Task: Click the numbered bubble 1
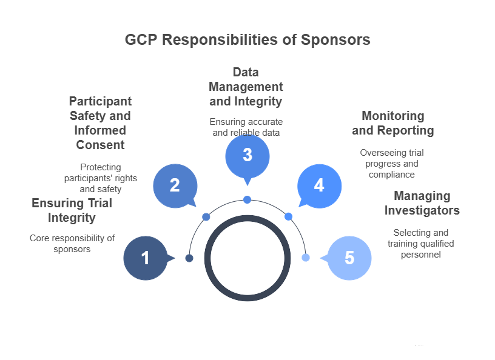coord(146,258)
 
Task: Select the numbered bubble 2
coord(175,185)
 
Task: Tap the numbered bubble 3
coord(247,155)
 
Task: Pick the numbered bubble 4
coord(319,185)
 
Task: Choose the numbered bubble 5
coord(349,258)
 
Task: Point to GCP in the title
coord(141,40)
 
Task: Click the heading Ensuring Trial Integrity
coord(72,210)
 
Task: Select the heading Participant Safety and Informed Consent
coord(100,123)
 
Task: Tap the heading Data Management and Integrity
coord(246,87)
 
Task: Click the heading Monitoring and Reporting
coord(392,123)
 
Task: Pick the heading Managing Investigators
coord(422,203)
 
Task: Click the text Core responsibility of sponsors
coord(72,244)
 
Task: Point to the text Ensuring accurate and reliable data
coord(246,127)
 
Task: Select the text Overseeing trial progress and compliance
coord(392,164)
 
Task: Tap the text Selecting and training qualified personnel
coord(421,244)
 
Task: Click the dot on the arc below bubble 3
coord(247,199)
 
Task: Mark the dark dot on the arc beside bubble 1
coord(189,258)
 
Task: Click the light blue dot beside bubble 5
coord(306,258)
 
